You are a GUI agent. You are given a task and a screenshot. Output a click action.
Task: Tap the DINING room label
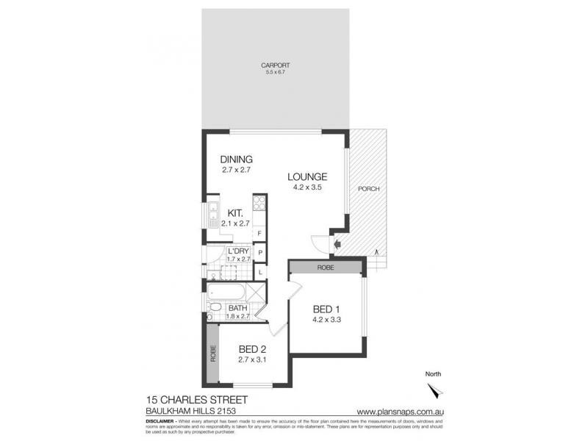237,159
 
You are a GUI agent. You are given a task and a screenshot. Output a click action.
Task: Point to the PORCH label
368,189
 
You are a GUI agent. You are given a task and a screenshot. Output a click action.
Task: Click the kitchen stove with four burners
259,203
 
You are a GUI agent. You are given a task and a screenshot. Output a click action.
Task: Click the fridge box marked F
259,234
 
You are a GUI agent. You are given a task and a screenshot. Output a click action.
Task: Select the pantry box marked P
259,254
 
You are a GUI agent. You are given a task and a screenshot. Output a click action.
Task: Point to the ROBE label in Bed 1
326,268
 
